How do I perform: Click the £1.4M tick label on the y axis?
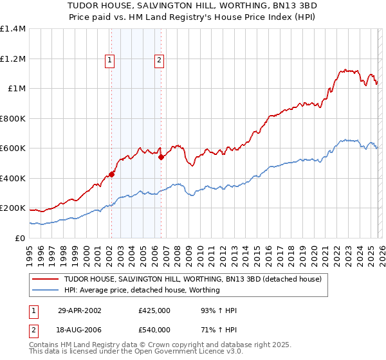click(x=13, y=29)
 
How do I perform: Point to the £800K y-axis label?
click(x=13, y=118)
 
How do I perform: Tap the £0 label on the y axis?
click(x=20, y=238)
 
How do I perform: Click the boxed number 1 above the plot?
click(x=110, y=61)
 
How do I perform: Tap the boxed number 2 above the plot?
click(x=159, y=61)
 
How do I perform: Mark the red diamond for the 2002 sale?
click(x=111, y=174)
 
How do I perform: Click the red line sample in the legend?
click(x=46, y=279)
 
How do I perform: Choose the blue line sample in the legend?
click(x=46, y=290)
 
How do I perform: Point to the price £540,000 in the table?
click(x=154, y=330)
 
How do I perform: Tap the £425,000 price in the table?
click(x=154, y=311)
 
